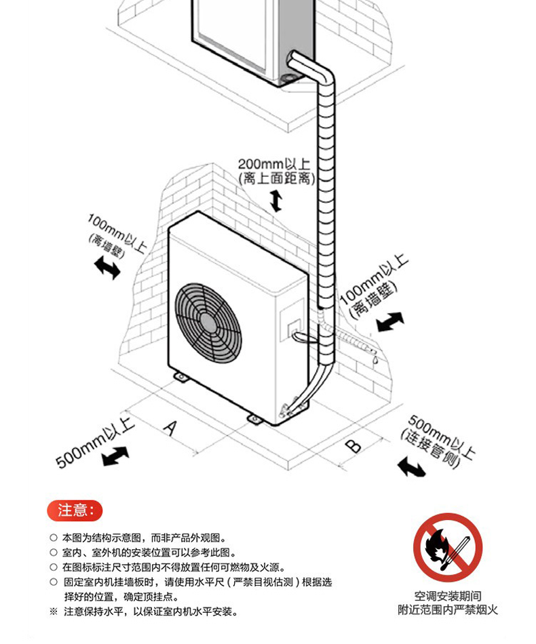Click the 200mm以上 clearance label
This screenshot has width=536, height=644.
273,164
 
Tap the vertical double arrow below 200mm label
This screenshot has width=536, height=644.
275,201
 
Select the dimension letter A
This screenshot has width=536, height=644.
171,427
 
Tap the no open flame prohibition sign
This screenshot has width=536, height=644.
448,548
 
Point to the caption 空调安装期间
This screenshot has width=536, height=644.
448,597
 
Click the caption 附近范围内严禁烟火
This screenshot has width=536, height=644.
448,610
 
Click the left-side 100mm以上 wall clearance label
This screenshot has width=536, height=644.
116,232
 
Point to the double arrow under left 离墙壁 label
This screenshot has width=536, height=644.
107,267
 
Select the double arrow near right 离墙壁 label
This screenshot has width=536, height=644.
390,321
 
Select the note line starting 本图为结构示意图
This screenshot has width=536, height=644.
142,537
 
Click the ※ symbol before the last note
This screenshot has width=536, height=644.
54,611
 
